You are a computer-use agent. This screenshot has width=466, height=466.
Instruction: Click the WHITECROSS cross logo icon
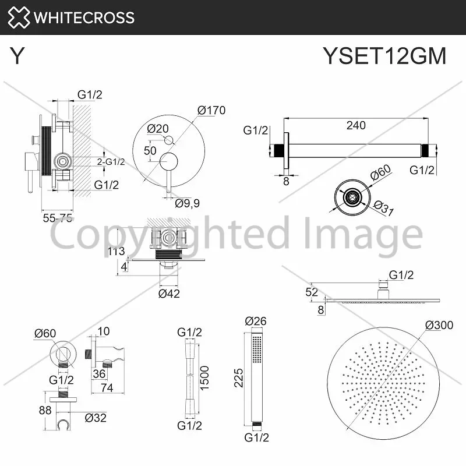point(19,17)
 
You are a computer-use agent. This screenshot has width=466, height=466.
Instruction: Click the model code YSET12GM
point(384,56)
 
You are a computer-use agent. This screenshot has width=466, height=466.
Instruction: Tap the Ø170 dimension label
point(211,110)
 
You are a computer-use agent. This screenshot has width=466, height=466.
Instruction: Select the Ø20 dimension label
point(158,129)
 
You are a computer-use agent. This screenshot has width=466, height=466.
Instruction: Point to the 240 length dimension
point(356,125)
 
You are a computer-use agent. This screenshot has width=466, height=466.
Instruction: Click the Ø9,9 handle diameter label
point(187,203)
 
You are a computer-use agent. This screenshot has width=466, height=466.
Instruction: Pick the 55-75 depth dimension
point(58,218)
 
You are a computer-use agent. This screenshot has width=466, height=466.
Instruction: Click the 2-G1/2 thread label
point(111,162)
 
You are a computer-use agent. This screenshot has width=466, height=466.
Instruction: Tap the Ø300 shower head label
point(439,325)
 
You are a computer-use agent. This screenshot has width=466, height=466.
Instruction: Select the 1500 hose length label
point(204,378)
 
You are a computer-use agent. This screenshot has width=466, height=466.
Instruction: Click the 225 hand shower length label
point(239,378)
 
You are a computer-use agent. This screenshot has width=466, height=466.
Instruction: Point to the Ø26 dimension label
point(256,321)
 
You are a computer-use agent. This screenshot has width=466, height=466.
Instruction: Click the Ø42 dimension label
point(169,294)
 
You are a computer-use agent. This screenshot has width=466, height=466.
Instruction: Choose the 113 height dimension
point(116,252)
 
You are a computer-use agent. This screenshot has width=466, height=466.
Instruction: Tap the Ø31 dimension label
point(383,208)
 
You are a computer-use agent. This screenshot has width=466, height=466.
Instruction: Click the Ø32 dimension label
point(96,418)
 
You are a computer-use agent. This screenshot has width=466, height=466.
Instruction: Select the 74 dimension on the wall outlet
point(107,388)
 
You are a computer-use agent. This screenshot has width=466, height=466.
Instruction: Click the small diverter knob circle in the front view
point(169,140)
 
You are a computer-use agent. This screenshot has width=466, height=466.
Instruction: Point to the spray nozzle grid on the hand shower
point(257,349)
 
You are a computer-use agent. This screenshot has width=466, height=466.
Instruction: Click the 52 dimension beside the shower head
point(312,292)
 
